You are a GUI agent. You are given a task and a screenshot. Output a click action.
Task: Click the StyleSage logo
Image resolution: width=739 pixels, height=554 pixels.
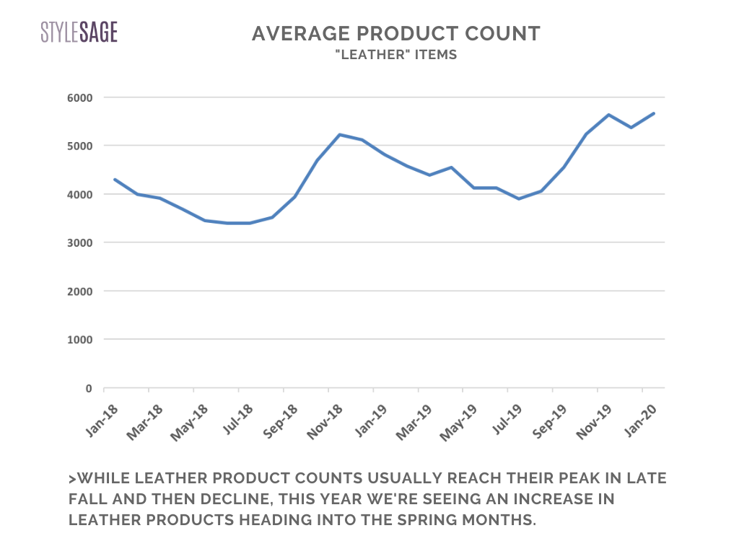click(79, 32)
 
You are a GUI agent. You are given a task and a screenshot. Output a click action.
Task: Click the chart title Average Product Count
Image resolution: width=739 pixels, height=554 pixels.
click(396, 33)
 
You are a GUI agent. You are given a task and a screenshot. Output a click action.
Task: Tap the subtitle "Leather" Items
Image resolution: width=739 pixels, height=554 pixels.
click(396, 55)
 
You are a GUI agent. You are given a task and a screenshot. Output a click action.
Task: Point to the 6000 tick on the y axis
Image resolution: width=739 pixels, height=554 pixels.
click(80, 97)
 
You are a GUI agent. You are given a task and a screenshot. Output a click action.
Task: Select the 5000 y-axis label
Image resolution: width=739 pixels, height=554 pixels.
click(80, 146)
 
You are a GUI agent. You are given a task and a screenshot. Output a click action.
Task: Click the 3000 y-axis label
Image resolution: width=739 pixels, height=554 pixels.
click(80, 243)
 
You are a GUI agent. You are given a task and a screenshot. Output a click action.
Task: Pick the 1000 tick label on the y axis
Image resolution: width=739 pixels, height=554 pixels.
click(80, 340)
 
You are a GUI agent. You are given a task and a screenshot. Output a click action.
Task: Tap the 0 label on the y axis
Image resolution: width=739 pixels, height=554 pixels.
click(89, 389)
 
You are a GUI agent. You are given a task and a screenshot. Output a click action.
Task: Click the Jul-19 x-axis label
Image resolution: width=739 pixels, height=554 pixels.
click(504, 420)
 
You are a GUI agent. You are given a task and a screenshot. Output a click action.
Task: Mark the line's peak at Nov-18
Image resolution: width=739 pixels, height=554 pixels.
click(339, 135)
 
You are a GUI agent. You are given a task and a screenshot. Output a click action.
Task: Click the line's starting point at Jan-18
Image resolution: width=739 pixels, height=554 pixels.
click(115, 180)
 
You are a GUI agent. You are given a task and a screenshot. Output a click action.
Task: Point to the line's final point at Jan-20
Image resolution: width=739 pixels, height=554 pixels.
click(654, 113)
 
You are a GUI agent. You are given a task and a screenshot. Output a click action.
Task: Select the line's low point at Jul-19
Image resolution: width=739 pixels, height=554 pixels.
click(519, 198)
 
